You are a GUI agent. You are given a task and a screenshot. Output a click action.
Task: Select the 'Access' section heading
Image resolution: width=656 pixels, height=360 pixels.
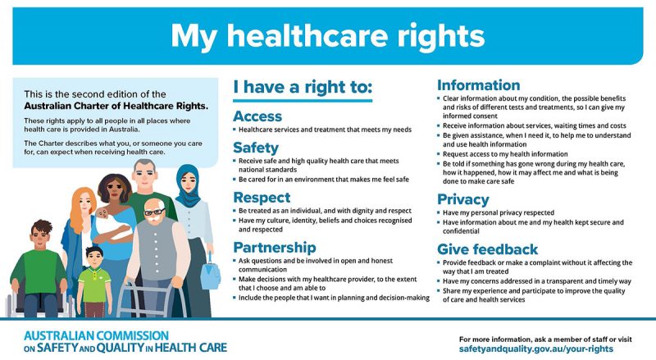click(257, 116)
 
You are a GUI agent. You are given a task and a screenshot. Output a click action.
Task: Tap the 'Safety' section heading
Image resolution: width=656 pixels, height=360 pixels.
click(255, 148)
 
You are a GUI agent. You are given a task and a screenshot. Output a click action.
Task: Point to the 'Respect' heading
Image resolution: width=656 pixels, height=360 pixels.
click(261, 198)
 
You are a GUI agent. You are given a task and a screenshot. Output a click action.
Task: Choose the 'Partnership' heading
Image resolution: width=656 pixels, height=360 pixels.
click(274, 248)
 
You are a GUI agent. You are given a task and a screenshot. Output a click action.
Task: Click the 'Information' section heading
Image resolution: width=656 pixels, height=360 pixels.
click(478, 85)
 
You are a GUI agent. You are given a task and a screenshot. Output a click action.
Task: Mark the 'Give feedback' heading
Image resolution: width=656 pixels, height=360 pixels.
click(487, 249)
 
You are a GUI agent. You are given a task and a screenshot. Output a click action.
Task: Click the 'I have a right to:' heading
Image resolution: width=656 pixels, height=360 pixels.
click(303, 87)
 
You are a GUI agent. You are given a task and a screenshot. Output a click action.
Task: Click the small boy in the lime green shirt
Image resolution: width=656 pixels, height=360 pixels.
click(94, 284)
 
